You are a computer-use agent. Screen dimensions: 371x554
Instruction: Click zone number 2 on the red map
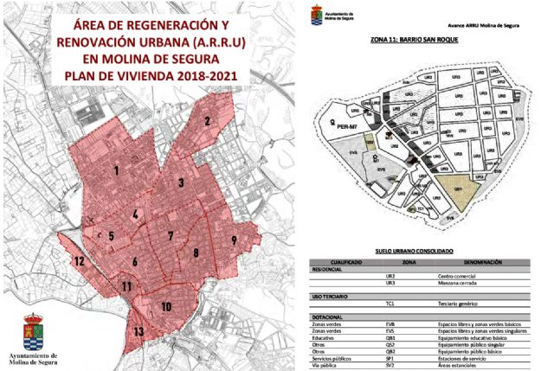click(208, 122)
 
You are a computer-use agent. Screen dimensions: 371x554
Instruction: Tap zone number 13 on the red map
click(138, 331)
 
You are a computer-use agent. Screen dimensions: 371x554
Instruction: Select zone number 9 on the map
click(234, 240)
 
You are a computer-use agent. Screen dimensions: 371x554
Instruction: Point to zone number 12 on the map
click(78, 260)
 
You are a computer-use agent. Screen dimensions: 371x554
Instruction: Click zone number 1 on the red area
click(115, 170)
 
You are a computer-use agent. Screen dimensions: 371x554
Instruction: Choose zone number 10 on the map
click(165, 306)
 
